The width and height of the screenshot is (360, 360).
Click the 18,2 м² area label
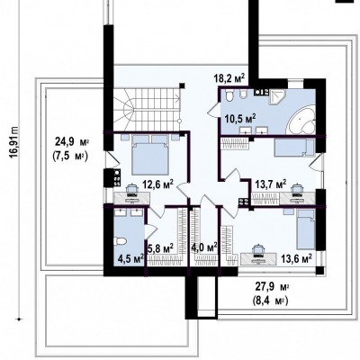coord(229,79)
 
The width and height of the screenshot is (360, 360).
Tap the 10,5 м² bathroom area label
coord(240,117)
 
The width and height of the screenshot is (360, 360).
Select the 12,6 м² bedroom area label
coord(158,184)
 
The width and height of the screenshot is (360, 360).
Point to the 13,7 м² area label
coord(270,184)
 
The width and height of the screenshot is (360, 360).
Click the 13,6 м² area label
coord(296,258)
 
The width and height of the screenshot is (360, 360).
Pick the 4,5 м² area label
coord(131,258)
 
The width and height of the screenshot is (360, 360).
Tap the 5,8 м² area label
coord(161,248)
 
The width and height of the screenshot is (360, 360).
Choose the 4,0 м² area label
coord(204,248)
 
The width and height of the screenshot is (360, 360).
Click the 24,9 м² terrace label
coord(72,141)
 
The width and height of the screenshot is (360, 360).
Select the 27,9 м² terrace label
coord(272,287)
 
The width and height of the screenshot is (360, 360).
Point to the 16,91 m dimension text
coord(14,144)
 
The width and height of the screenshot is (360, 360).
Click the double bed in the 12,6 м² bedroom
coord(150,155)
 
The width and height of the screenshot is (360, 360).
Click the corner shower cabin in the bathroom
coord(277,96)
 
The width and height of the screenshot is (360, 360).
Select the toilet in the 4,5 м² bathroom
coord(121,241)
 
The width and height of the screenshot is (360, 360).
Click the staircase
coord(148,109)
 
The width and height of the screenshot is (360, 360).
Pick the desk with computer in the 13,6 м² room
coord(258,256)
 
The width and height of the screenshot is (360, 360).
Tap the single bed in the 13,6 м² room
coord(306,229)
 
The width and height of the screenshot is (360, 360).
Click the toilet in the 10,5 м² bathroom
coord(229,95)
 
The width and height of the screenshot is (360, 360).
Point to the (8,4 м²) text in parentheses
coord(270,301)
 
